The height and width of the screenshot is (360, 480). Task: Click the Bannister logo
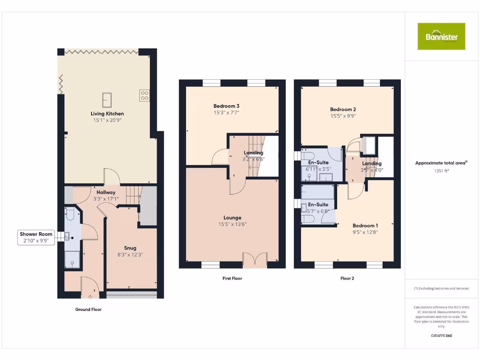(442, 37)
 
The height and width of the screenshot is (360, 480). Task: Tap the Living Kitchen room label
(107, 113)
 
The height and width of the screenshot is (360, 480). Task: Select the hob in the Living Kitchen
(144, 96)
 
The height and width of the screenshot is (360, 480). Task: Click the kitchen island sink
(107, 100)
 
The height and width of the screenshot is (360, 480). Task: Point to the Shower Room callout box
(36, 237)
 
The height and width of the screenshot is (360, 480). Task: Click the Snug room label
(130, 248)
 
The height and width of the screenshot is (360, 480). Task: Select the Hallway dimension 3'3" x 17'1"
(106, 199)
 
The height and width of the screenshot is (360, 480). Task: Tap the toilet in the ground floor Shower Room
(69, 215)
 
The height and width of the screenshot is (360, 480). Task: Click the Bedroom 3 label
(226, 106)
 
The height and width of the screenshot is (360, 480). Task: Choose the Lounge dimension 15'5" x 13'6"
(232, 224)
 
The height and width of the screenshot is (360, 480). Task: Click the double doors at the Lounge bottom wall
(255, 259)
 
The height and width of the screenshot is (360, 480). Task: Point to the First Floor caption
(232, 278)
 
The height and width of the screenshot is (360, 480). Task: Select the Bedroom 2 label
(343, 109)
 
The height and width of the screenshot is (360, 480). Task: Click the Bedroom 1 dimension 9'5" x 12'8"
(365, 232)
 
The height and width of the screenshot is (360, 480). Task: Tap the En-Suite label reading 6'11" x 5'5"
(318, 169)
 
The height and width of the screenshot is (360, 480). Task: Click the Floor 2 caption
(347, 278)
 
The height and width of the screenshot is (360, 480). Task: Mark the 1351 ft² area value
(441, 171)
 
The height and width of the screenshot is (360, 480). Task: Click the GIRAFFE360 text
(441, 336)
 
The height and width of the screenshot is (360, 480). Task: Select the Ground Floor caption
(88, 309)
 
